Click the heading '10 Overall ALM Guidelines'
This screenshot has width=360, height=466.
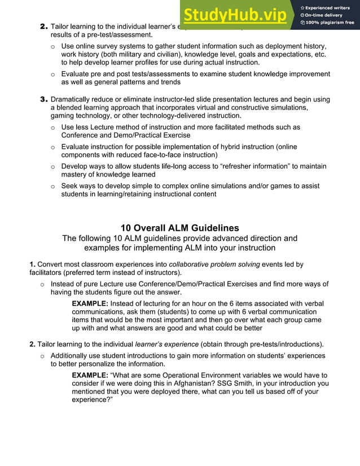coord(179,228)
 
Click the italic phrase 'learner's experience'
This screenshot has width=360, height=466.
coord(166,344)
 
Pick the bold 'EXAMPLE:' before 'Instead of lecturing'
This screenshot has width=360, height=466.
coord(90,303)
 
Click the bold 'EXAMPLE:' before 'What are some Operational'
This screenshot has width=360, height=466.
coord(90,375)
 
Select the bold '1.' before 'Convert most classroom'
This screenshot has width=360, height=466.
coord(33,264)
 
